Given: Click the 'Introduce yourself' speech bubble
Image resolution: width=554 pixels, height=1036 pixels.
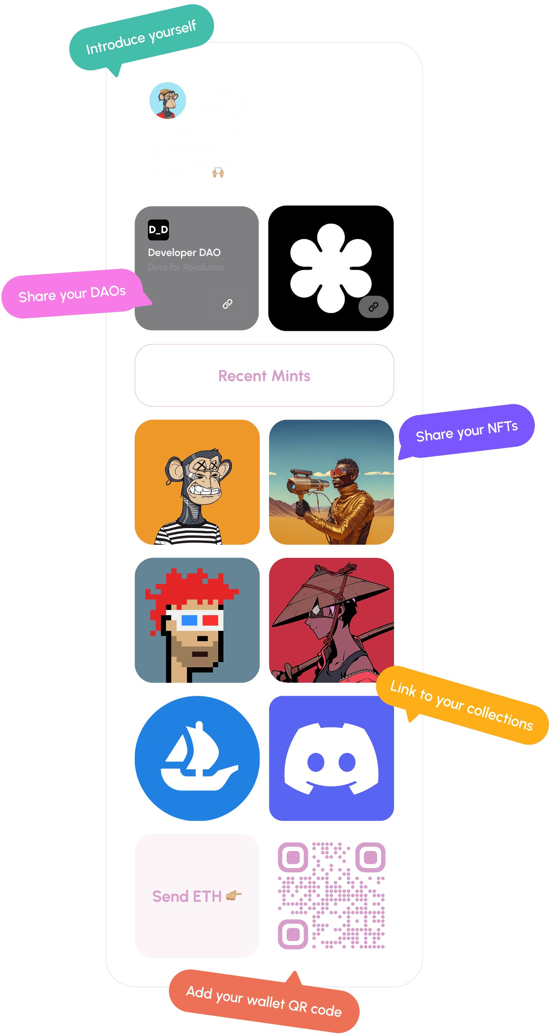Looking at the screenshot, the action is [141, 37].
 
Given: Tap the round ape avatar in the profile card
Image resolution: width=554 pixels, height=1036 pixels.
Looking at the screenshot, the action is [168, 100].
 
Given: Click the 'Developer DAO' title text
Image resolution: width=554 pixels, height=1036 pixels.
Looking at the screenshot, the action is [184, 252].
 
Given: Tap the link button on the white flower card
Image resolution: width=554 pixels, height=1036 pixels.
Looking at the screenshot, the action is [373, 307].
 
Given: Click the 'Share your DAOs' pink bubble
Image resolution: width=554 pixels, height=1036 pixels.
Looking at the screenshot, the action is [72, 294].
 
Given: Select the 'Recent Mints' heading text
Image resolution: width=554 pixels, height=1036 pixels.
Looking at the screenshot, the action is [264, 376].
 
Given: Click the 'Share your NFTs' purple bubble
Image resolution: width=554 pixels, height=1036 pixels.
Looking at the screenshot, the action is [466, 431].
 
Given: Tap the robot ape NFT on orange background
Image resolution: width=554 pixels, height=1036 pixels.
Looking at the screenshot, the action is [197, 482].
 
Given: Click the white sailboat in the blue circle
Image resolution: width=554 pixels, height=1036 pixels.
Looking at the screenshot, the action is [197, 758].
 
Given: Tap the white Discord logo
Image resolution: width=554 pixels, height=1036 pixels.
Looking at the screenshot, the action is [331, 758].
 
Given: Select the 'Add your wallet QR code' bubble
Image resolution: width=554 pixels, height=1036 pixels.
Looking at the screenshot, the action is [264, 1001].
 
